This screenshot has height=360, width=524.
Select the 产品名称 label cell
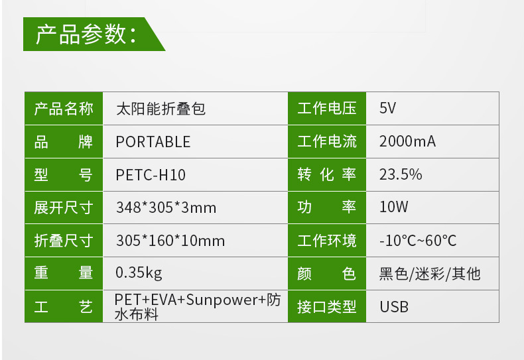[x=64, y=109]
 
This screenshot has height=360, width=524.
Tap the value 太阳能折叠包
[x=161, y=109]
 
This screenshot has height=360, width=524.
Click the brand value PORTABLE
[x=153, y=142]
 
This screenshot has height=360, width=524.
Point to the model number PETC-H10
[x=151, y=175]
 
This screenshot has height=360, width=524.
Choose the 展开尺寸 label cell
[x=64, y=208]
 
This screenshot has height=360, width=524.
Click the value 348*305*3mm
[x=166, y=208]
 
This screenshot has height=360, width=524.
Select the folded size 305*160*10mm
[x=170, y=241]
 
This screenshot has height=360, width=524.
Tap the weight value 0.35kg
[x=139, y=273]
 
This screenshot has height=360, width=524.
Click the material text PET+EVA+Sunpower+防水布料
[x=197, y=306]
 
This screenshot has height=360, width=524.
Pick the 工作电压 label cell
[x=327, y=109]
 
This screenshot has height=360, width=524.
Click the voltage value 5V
[x=387, y=109]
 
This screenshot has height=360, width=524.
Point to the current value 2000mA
[x=407, y=142]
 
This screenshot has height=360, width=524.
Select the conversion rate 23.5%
[x=401, y=175]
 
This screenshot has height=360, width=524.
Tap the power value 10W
[x=394, y=208]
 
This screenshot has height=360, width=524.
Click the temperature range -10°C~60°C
[x=418, y=241]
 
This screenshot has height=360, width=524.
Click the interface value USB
[x=394, y=306]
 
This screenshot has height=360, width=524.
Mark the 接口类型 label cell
[x=327, y=306]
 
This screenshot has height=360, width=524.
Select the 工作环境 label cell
[x=327, y=241]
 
